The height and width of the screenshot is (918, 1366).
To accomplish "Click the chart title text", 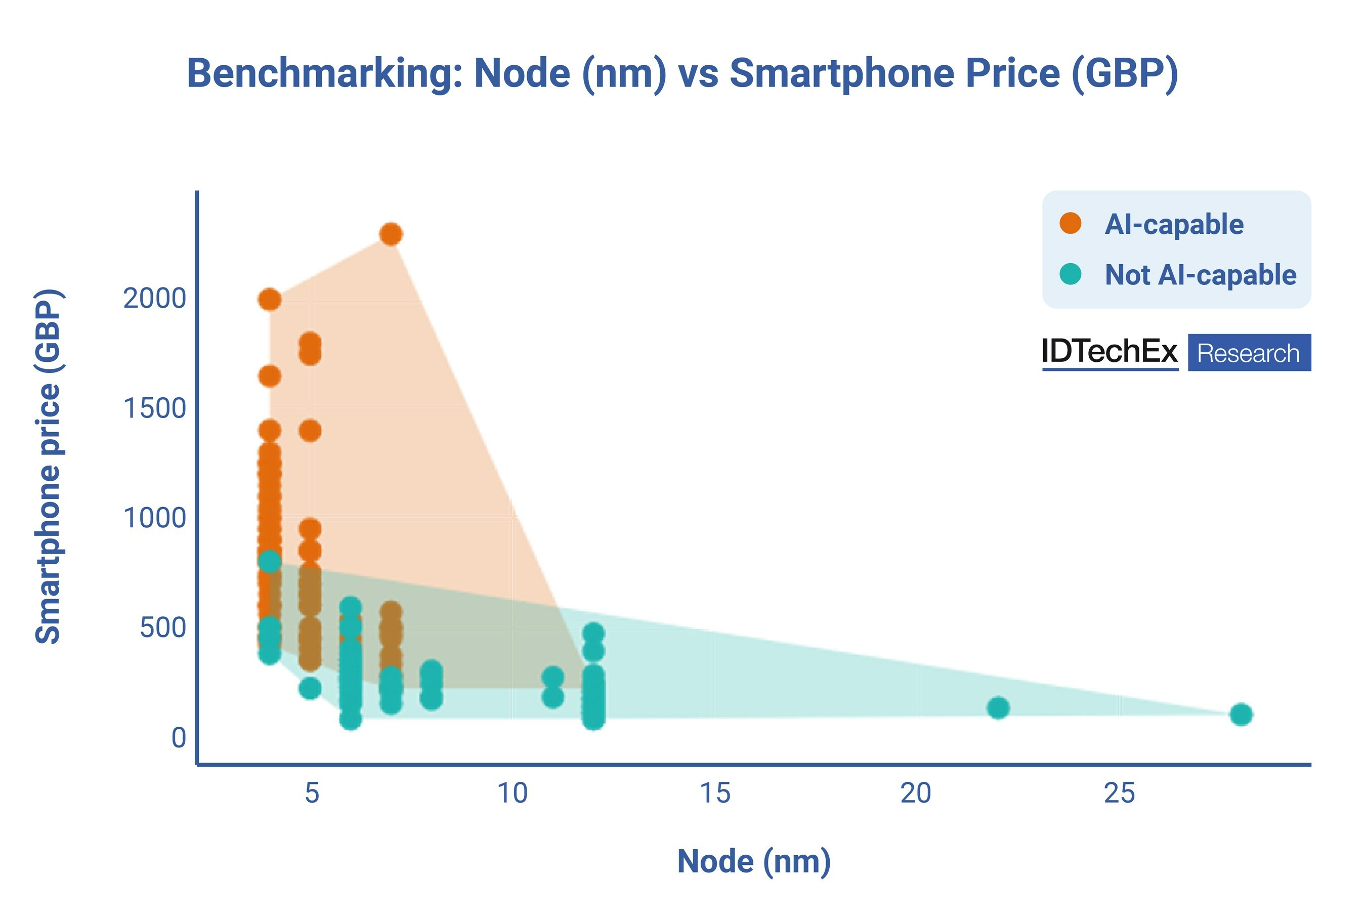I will [x=682, y=74].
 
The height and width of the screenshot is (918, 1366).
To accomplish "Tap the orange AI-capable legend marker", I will [x=1070, y=223].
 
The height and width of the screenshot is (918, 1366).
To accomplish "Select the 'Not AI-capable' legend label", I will [x=1200, y=275].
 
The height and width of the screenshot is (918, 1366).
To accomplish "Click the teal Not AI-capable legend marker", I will [x=1070, y=273].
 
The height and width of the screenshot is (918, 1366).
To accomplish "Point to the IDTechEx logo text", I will [x=1109, y=351].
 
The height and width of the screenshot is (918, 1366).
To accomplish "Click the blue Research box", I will [x=1249, y=352].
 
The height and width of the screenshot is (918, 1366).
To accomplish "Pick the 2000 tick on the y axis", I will [x=154, y=299].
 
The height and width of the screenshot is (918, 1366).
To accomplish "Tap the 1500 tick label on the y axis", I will [x=154, y=408].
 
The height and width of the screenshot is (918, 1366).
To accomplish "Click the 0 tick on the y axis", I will [x=179, y=737].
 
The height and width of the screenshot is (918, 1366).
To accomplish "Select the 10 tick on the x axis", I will [x=512, y=794].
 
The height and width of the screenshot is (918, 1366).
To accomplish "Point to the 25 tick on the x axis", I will [x=1119, y=794].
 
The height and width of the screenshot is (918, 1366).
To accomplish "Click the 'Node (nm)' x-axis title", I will [x=754, y=861].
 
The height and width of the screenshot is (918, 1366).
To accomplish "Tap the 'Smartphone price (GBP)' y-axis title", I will [x=48, y=466].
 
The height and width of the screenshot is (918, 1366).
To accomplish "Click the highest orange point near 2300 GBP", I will [x=391, y=234].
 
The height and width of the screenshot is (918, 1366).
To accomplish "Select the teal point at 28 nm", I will [x=1241, y=714].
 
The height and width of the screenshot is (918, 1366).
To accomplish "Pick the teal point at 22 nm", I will [x=998, y=708].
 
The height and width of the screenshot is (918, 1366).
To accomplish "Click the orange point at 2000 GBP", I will [x=269, y=300].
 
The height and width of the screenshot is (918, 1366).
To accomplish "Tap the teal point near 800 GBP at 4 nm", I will [x=269, y=561].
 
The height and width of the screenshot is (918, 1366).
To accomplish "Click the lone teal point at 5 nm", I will [x=310, y=688].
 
